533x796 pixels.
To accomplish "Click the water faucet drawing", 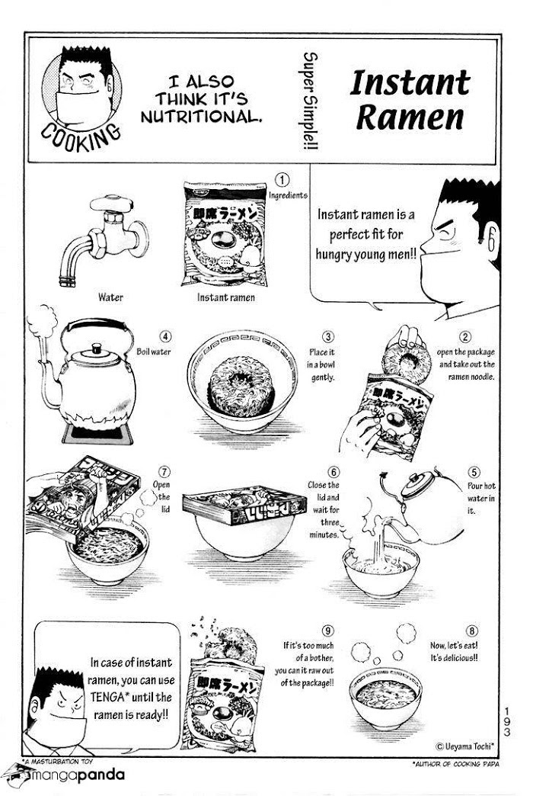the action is click(104, 238).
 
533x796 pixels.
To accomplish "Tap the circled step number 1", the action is click(282, 180).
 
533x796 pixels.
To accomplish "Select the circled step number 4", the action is click(165, 336).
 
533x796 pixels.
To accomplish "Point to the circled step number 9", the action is click(328, 631).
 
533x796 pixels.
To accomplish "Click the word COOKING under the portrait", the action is click(81, 137).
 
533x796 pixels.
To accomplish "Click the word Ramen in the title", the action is click(410, 117).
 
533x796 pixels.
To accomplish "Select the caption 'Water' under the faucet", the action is click(110, 297).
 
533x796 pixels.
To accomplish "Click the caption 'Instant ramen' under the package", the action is click(225, 297).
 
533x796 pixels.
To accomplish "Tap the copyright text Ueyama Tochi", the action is click(464, 746).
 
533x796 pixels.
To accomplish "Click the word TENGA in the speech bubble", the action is click(107, 697).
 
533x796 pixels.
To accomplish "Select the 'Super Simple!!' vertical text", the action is click(310, 101).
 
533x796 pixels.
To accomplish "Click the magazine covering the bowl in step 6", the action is click(244, 504).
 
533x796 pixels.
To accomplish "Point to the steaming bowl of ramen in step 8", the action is click(385, 697).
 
